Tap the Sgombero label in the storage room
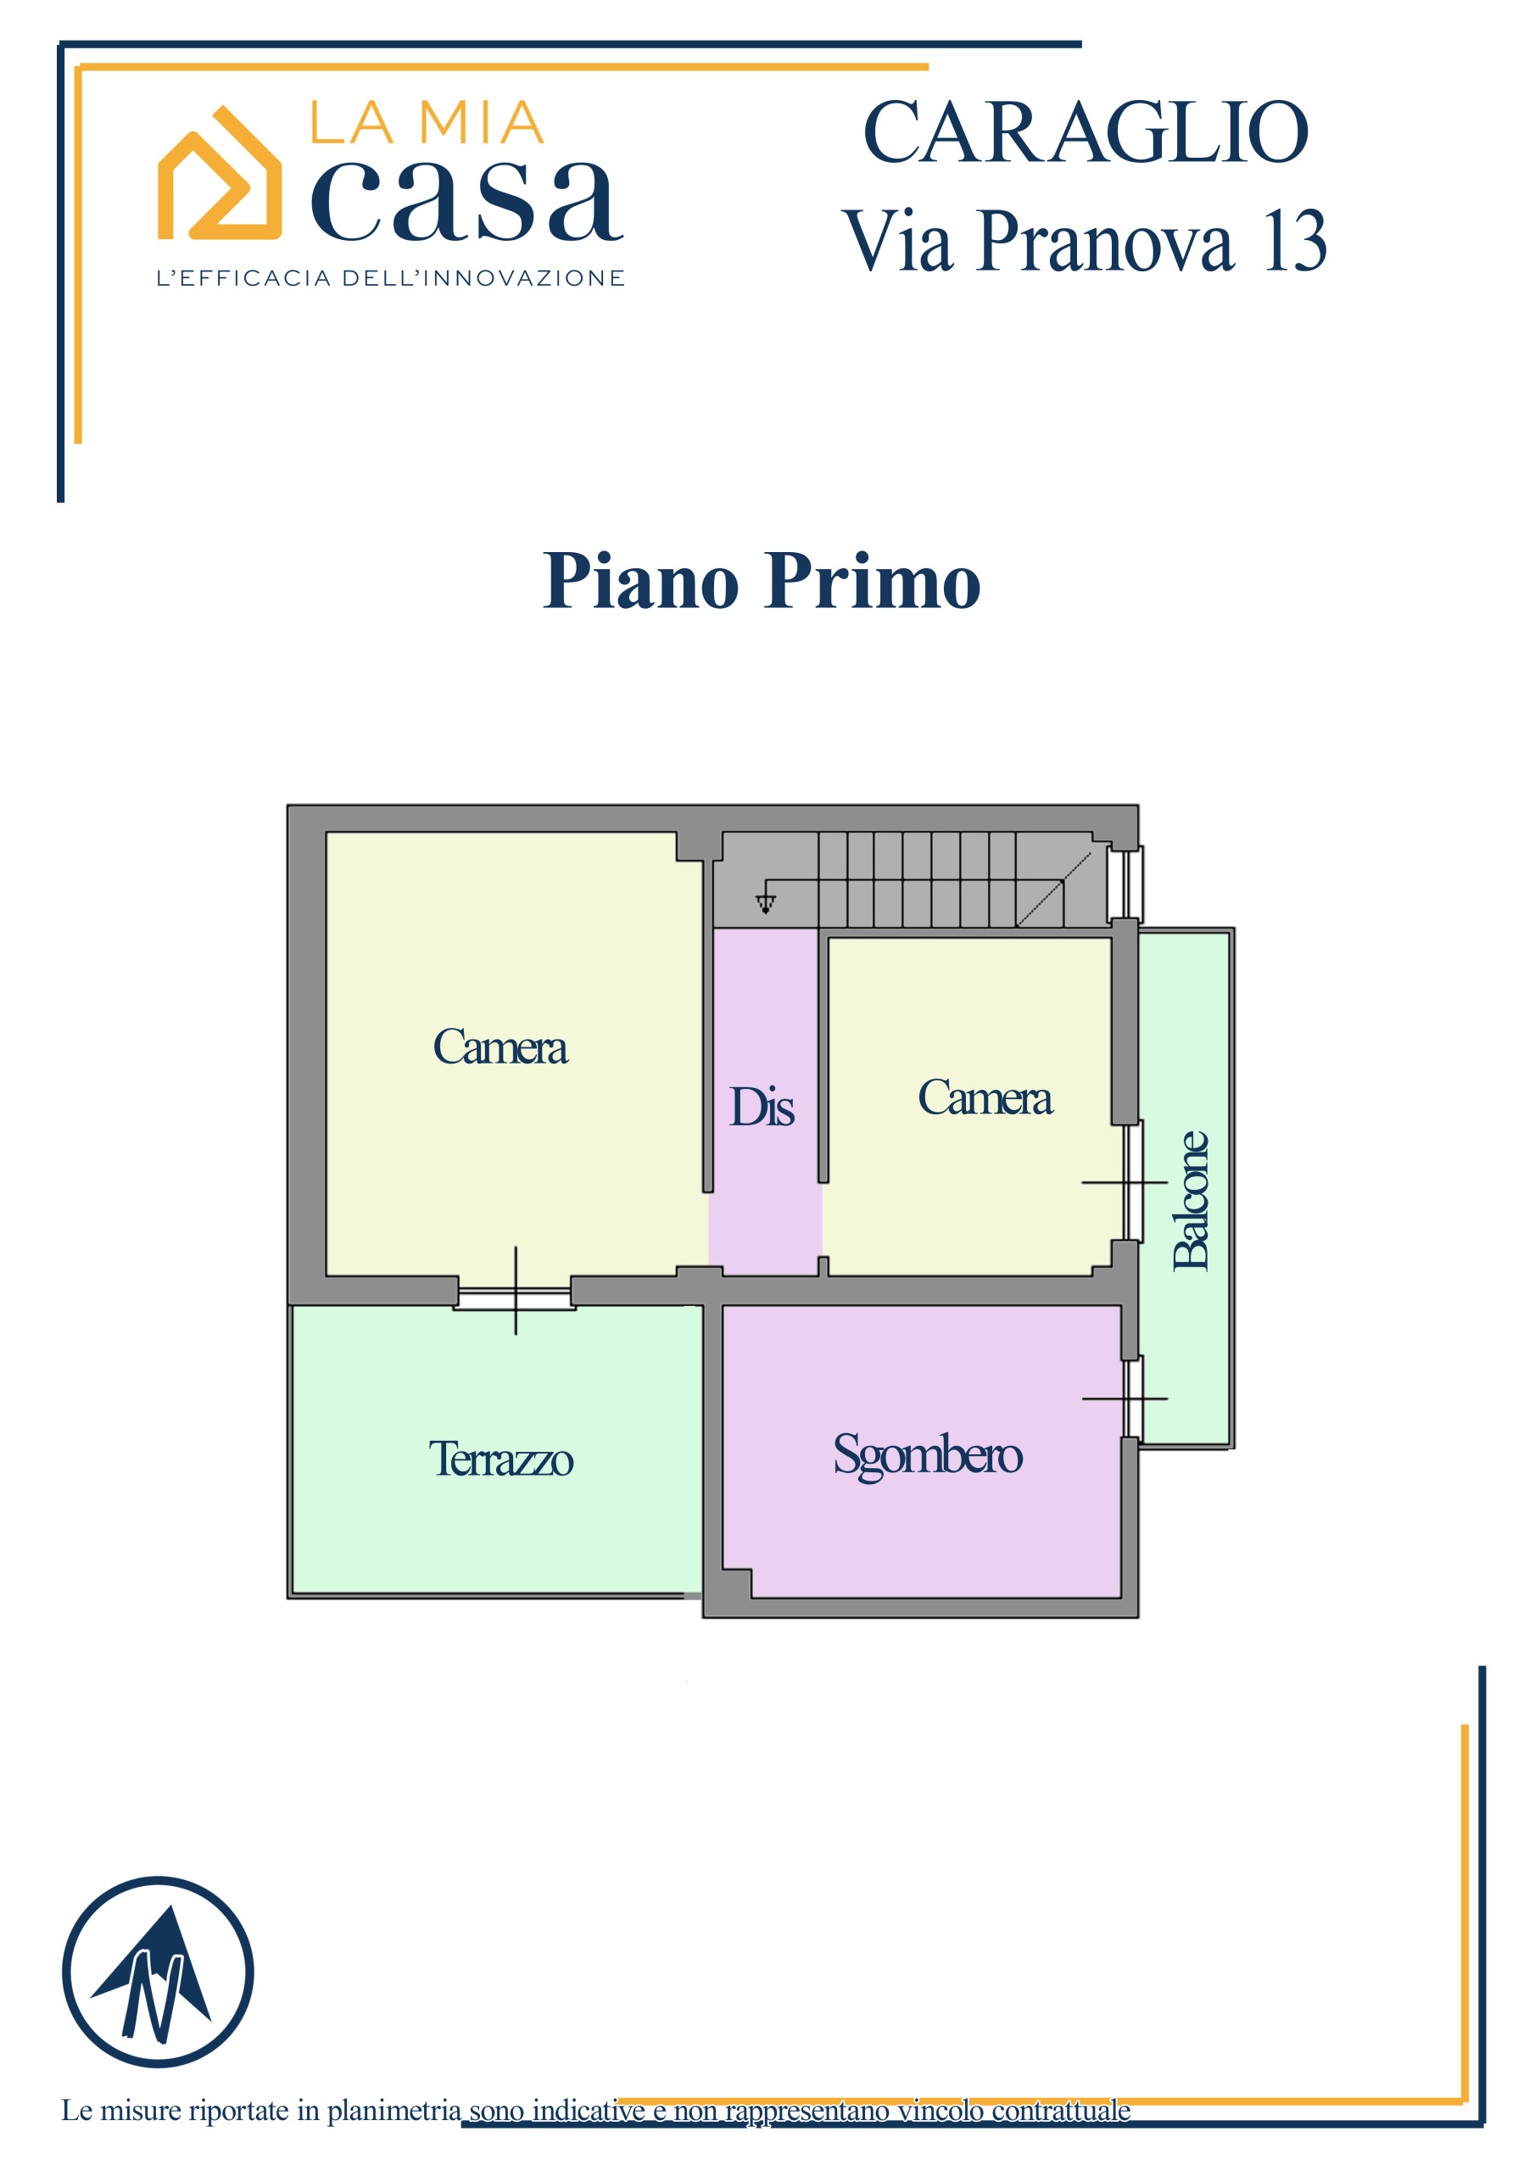point(927,1455)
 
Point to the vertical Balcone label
point(1191,1200)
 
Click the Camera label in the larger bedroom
point(500,1046)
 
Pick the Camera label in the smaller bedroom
point(985,1097)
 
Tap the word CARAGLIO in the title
point(1086,132)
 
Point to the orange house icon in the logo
point(220,172)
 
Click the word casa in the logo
point(467,200)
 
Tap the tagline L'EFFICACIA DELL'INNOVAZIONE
point(391,278)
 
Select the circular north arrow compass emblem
point(158,1972)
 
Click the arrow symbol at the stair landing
point(765,903)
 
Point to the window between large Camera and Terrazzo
point(516,1292)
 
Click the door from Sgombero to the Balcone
point(1132,1398)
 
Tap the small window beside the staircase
point(1125,885)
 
